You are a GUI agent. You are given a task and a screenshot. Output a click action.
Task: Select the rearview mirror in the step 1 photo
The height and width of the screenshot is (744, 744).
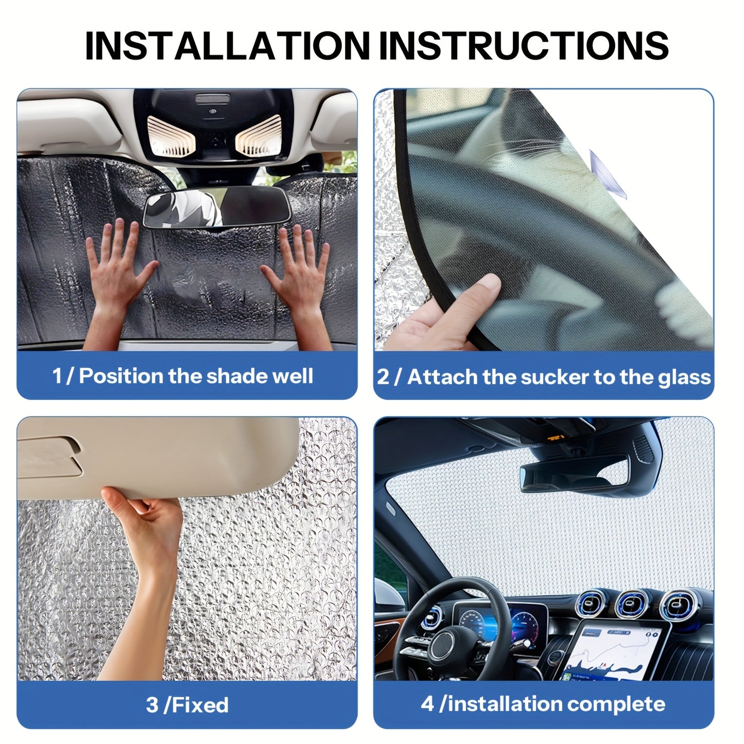click(216, 206)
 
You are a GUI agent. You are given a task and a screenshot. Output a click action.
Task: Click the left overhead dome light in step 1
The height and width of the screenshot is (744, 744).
click(169, 135)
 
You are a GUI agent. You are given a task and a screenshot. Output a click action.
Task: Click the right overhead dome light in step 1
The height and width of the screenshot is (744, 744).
click(259, 135)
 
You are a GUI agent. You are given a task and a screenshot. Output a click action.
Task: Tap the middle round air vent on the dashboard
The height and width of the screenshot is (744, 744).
click(632, 604)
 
